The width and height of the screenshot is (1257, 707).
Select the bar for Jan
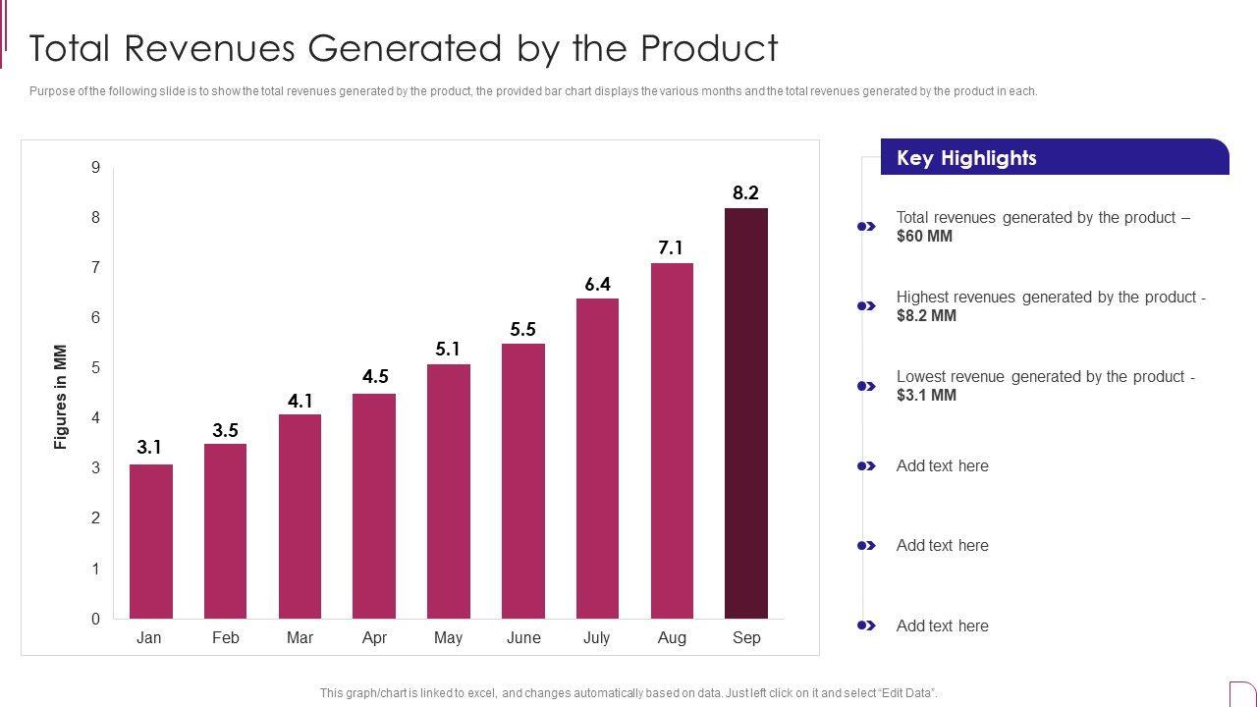[150, 541]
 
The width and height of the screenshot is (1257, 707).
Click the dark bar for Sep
[746, 413]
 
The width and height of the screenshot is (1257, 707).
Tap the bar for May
[448, 491]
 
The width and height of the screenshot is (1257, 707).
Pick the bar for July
[597, 459]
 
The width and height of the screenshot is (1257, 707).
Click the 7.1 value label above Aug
[671, 248]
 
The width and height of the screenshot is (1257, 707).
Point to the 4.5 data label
[375, 377]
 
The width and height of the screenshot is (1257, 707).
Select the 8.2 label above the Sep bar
[746, 193]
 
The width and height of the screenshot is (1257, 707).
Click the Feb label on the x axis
[225, 638]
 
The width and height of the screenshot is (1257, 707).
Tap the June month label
[523, 638]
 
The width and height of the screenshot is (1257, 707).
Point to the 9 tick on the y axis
[96, 168]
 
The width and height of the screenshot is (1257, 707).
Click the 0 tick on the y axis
[96, 619]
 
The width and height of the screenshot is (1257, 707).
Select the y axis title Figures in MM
[61, 397]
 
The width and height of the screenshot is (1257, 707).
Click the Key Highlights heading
[966, 158]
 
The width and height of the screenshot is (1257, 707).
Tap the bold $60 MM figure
[924, 237]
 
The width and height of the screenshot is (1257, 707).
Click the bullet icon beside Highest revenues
[866, 306]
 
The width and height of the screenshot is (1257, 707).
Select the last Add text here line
[942, 626]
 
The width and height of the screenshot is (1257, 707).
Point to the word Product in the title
[709, 48]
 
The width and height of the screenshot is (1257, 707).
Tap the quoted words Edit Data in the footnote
[902, 693]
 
